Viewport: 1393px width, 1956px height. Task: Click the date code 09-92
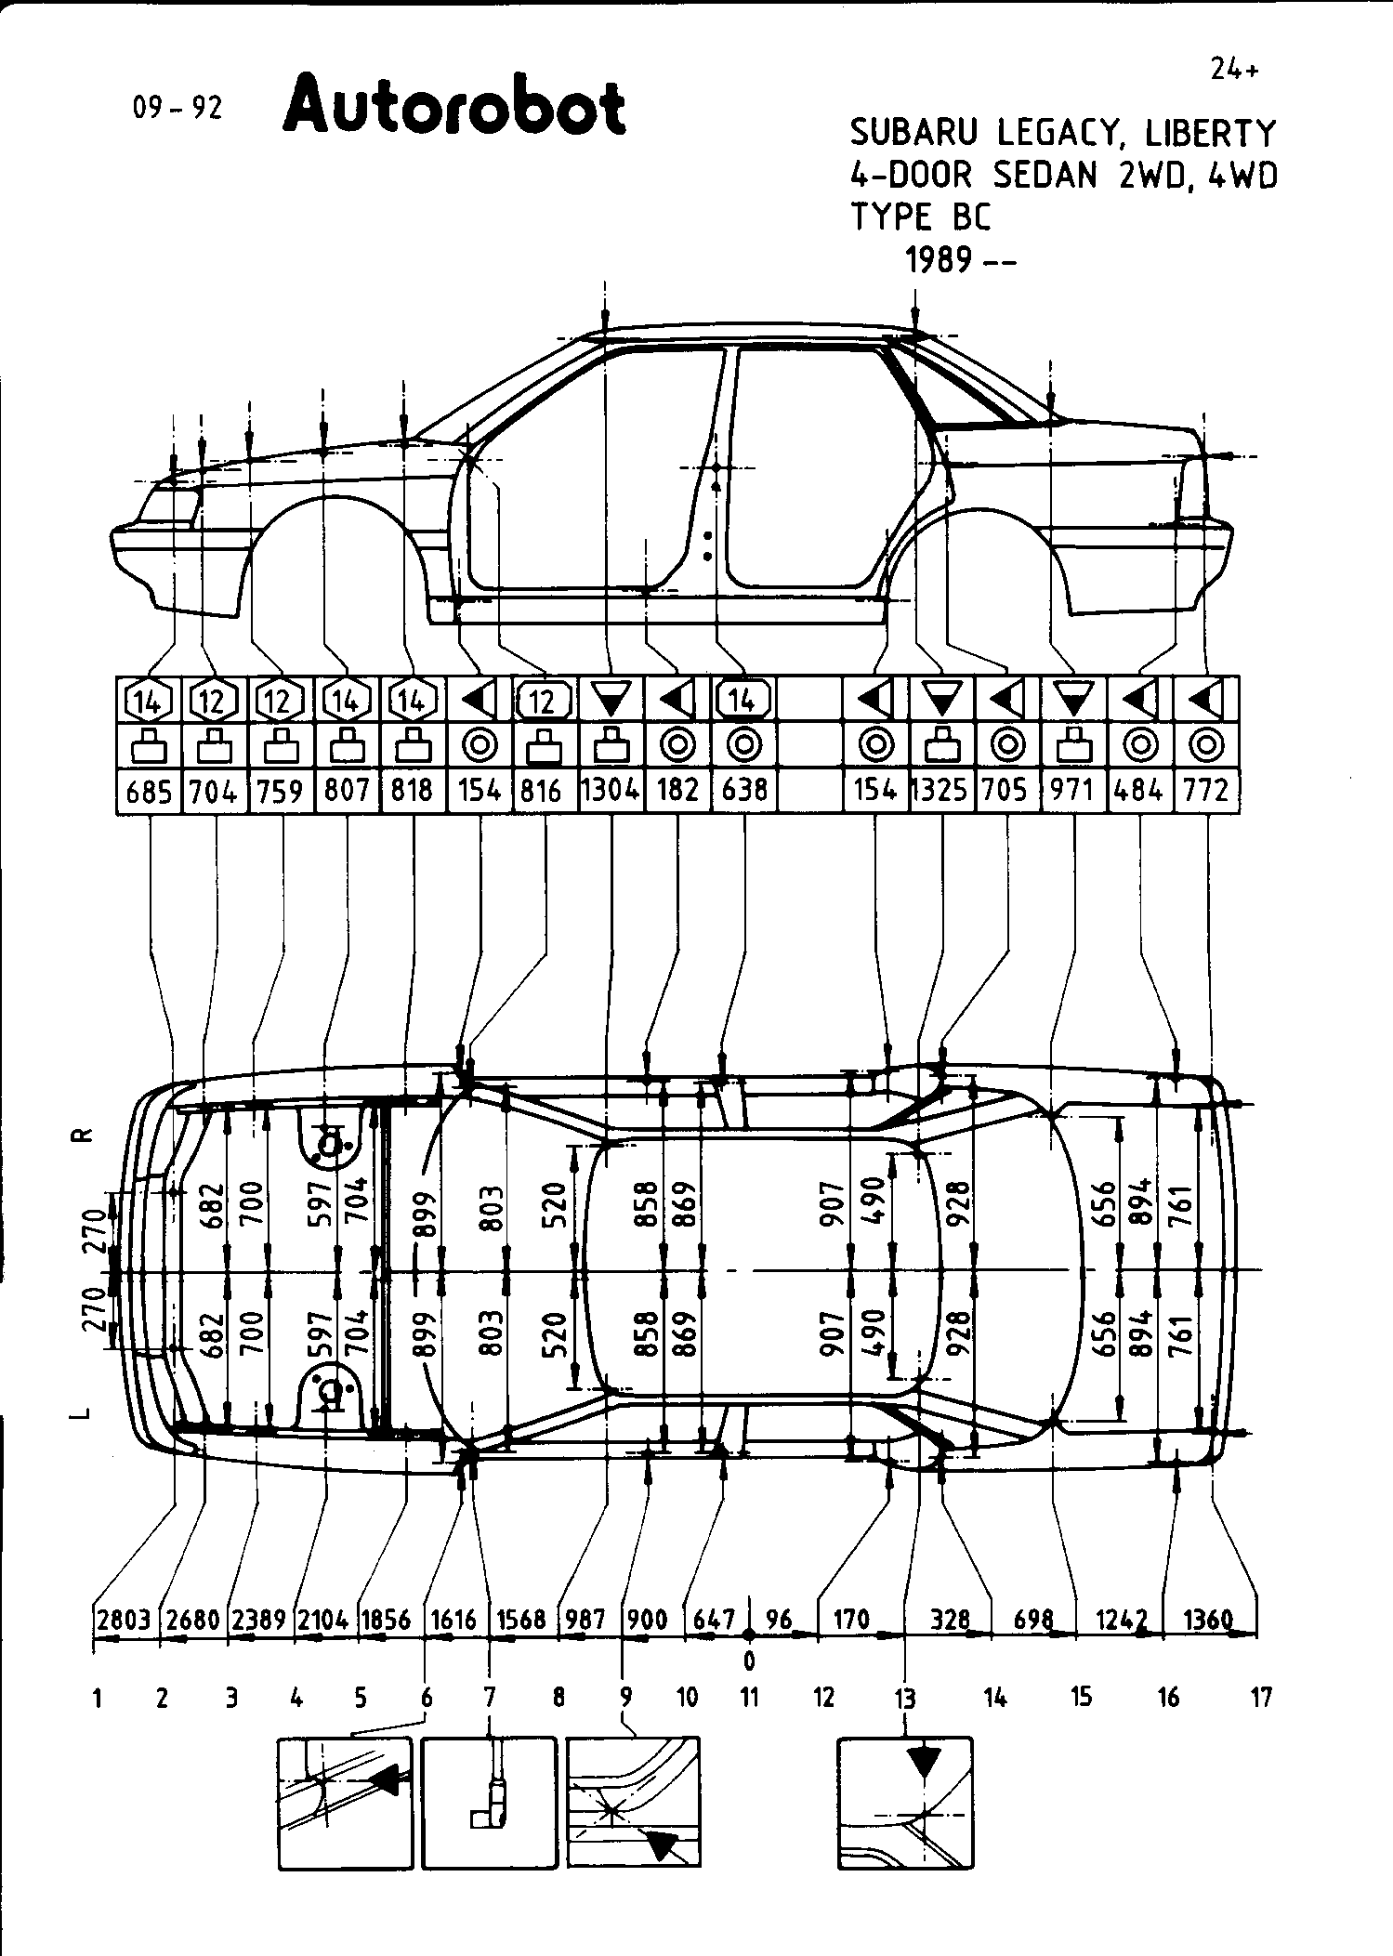tap(178, 109)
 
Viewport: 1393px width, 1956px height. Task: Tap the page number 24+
tap(1235, 71)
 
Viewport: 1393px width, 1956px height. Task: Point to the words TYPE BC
tap(921, 217)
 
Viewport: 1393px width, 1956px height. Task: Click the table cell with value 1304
tap(611, 791)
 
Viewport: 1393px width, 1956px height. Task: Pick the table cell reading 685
tap(149, 792)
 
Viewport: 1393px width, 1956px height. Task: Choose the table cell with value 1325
tap(941, 791)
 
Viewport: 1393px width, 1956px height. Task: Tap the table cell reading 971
tap(1073, 791)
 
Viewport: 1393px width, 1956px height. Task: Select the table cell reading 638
tap(743, 791)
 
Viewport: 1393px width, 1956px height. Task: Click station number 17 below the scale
tap(1260, 1698)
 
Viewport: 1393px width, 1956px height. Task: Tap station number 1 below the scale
tap(97, 1698)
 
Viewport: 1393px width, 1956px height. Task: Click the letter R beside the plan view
tap(84, 1135)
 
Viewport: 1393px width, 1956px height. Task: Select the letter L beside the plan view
tap(84, 1413)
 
